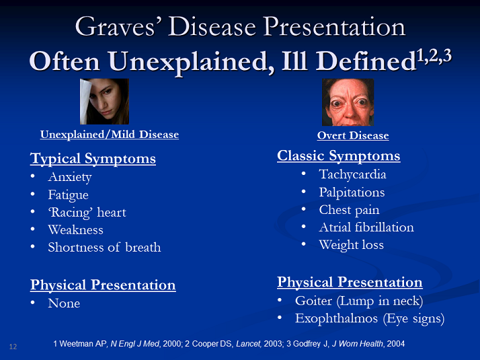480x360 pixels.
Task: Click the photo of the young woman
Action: pyautogui.click(x=104, y=102)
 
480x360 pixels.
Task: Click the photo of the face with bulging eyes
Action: pyautogui.click(x=348, y=102)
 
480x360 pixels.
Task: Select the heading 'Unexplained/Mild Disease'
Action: pyautogui.click(x=110, y=135)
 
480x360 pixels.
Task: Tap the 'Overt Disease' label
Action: pyautogui.click(x=353, y=135)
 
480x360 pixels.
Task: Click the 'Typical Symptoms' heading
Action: pyautogui.click(x=93, y=159)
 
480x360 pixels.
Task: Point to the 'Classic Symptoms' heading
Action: pyautogui.click(x=338, y=156)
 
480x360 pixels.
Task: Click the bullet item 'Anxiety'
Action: pyautogui.click(x=69, y=177)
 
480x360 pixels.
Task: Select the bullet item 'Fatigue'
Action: pyautogui.click(x=68, y=195)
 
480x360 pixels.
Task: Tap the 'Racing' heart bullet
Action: pyautogui.click(x=87, y=213)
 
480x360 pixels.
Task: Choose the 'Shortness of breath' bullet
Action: pyautogui.click(x=104, y=247)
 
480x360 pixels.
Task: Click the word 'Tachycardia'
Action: pyautogui.click(x=352, y=174)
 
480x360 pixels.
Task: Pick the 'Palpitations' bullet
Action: pyautogui.click(x=352, y=192)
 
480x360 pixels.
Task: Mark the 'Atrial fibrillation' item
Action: pyautogui.click(x=366, y=227)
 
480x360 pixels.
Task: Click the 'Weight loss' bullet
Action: pyautogui.click(x=351, y=245)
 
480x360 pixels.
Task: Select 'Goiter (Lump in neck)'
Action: pyautogui.click(x=358, y=301)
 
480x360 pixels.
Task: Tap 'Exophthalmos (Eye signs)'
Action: pyautogui.click(x=369, y=318)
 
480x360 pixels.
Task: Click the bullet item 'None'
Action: pyautogui.click(x=64, y=303)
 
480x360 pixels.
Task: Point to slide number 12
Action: pyautogui.click(x=13, y=347)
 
